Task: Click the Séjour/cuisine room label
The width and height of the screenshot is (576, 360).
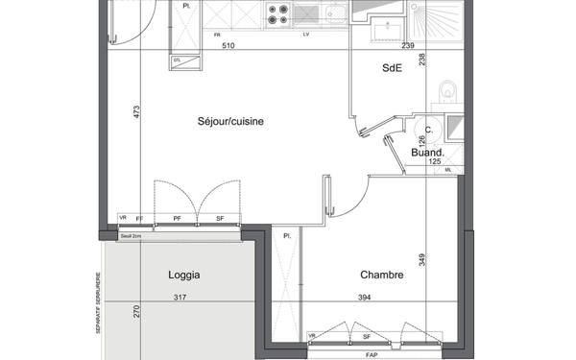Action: [230, 121]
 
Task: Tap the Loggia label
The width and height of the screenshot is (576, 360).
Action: [183, 275]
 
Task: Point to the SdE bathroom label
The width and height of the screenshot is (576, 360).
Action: [392, 67]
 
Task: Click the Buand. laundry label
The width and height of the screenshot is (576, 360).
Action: [426, 153]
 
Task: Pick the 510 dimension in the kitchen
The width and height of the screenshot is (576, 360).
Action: [228, 45]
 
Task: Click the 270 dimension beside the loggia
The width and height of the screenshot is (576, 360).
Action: [136, 311]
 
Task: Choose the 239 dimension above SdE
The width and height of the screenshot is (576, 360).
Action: [407, 45]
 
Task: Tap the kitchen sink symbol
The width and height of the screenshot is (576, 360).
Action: [336, 13]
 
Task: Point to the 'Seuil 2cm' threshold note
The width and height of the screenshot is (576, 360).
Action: [131, 235]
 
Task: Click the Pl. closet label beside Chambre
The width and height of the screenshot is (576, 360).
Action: [287, 235]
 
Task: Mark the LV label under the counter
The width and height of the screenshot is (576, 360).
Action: [305, 35]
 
